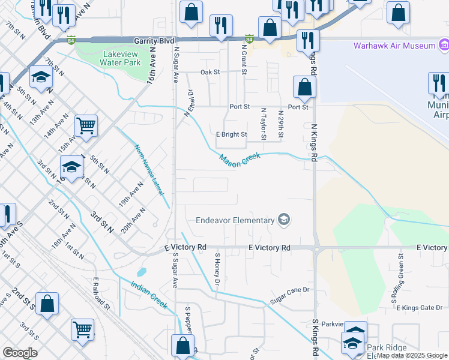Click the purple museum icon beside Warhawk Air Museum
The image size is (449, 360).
444,45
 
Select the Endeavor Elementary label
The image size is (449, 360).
235,220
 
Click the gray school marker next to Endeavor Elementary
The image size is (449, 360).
284,220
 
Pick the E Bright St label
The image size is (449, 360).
232,134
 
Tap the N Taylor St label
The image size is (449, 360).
264,123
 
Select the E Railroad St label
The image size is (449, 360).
102,293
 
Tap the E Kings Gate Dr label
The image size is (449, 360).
419,308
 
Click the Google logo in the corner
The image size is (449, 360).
20,353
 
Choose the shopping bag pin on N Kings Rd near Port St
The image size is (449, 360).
305,87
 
